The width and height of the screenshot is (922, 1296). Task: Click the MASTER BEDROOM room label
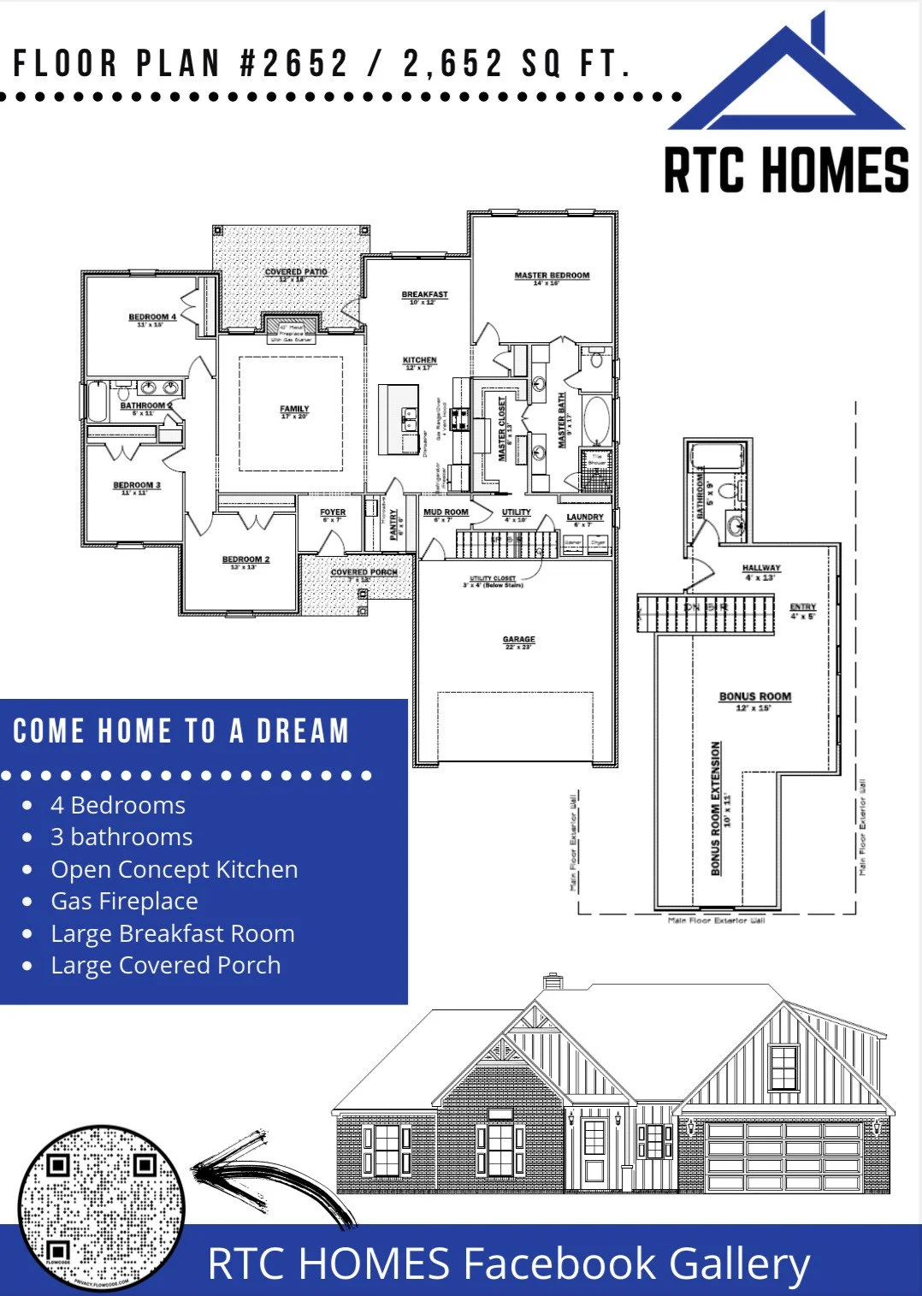tap(552, 276)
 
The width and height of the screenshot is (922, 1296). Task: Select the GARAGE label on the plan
tap(518, 640)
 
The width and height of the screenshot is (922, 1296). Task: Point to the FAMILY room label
tap(294, 410)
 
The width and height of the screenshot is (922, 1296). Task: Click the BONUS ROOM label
tap(754, 697)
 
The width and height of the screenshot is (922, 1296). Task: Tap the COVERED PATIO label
tap(295, 273)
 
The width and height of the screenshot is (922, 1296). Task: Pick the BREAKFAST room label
tap(424, 295)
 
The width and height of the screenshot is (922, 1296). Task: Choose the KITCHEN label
tap(419, 361)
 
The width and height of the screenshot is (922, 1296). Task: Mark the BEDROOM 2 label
tap(245, 560)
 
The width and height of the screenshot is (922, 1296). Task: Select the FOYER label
tap(333, 513)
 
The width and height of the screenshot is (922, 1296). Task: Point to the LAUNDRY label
tap(585, 518)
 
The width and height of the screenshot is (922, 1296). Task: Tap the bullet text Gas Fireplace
tap(124, 901)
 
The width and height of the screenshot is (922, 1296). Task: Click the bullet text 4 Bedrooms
tap(117, 805)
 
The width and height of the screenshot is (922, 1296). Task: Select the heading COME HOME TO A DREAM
tap(181, 731)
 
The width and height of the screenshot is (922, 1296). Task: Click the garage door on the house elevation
tap(783, 1156)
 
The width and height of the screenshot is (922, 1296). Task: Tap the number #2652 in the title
tap(294, 63)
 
